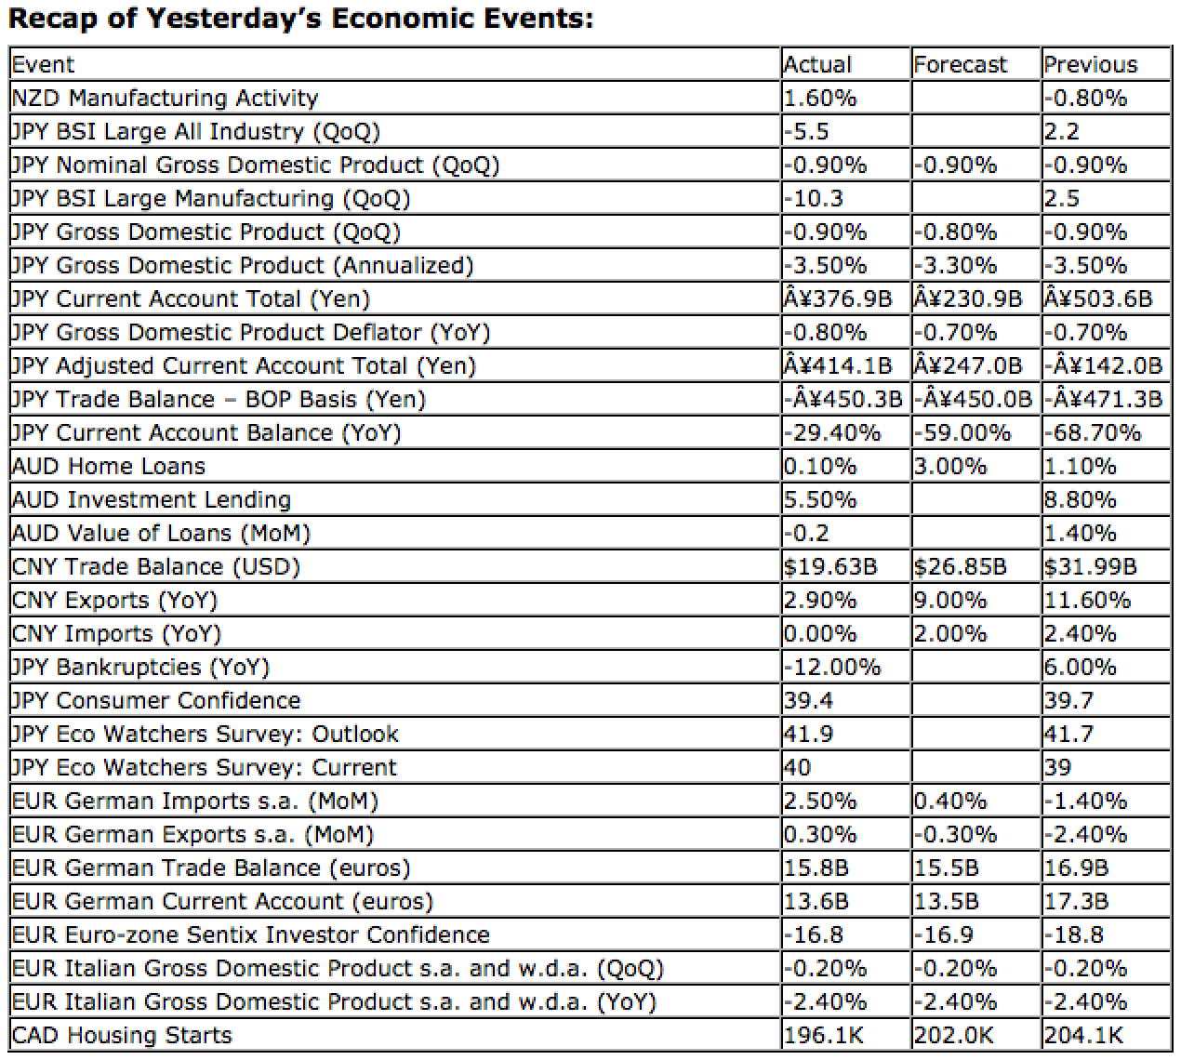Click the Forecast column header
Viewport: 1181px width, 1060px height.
[960, 64]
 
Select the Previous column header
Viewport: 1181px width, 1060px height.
[1091, 64]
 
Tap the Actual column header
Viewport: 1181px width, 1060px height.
[817, 64]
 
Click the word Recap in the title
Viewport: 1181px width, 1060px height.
[53, 20]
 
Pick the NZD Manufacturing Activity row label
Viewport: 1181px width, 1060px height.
[165, 98]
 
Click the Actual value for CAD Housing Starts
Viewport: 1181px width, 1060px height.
[823, 1035]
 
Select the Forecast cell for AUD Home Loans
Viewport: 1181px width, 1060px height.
[950, 466]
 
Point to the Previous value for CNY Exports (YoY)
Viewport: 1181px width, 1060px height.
[1087, 600]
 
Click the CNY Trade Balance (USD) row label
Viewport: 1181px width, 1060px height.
[155, 567]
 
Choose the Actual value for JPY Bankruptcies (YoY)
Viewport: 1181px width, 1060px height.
[832, 667]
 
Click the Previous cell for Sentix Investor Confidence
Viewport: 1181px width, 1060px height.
[1074, 934]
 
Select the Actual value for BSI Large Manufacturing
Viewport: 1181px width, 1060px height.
[813, 198]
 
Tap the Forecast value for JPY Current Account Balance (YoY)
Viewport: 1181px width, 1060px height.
[962, 432]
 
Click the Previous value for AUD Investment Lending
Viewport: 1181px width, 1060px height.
[1081, 499]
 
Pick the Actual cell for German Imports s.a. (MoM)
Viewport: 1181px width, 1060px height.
[820, 801]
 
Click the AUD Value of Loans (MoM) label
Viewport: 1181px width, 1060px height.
[161, 533]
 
